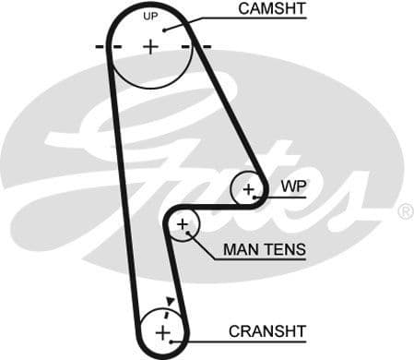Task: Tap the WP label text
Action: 293,185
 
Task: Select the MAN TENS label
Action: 265,250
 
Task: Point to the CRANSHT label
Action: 266,330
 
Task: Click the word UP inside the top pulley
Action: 150,17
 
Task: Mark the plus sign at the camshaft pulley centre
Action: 150,46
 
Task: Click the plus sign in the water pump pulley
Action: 248,189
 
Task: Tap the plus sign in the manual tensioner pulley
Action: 183,224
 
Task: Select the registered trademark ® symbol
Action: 405,212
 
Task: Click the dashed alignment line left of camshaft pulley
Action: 102,46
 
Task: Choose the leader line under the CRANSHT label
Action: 249,340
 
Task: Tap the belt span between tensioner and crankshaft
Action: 181,277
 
